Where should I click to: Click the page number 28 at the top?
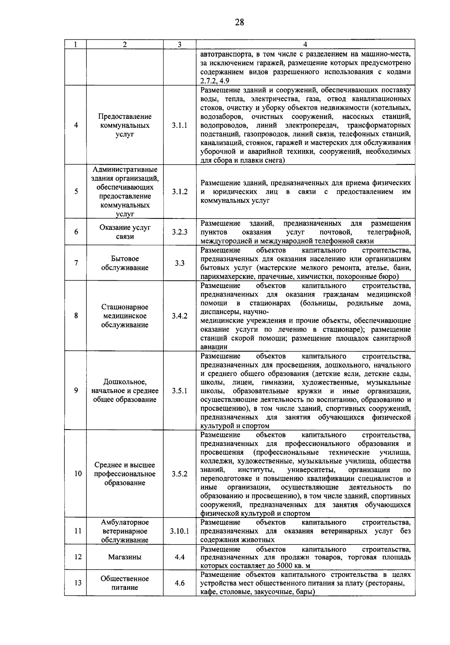point(239,22)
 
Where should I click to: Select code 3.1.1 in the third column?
point(180,126)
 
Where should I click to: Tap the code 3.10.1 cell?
point(180,531)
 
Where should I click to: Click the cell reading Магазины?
point(125,557)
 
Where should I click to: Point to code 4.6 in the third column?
point(180,583)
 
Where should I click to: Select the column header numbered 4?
point(305,44)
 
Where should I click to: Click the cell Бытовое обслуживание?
point(125,263)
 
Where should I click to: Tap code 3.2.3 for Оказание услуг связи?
point(180,232)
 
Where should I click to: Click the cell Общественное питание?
point(125,583)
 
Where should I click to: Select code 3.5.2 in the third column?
point(180,474)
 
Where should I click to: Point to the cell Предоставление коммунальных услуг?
point(125,126)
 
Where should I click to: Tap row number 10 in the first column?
point(78,474)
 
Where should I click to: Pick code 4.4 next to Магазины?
point(180,557)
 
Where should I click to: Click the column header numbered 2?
point(124,44)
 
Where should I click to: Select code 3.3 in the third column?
point(180,263)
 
